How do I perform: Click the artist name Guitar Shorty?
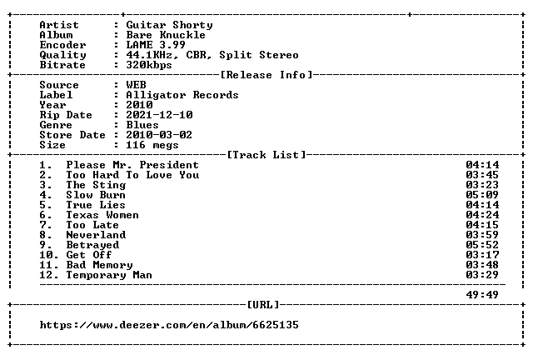[169, 25]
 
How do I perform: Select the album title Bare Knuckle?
[166, 35]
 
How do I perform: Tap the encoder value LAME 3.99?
[156, 45]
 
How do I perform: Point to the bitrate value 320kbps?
[149, 65]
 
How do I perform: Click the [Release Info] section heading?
[266, 75]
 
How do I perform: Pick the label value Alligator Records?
[182, 95]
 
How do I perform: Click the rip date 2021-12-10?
[159, 115]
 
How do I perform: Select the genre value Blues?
[142, 125]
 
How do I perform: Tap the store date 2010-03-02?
[159, 135]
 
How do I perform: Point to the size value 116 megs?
[152, 145]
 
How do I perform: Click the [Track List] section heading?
[266, 155]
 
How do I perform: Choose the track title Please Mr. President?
[132, 165]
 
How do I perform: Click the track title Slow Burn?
[96, 195]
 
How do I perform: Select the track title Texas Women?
[102, 215]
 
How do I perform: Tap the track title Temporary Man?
[109, 275]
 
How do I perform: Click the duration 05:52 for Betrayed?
[482, 245]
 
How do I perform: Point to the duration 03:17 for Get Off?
[482, 255]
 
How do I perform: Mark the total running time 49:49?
[482, 295]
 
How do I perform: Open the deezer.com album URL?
[169, 325]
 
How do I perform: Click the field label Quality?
[63, 55]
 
